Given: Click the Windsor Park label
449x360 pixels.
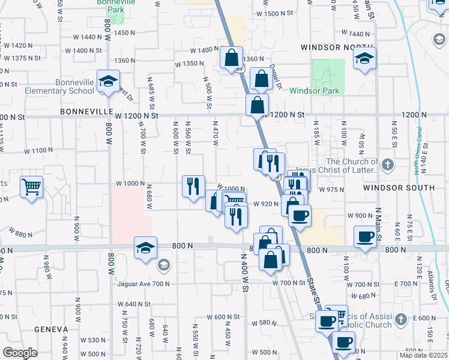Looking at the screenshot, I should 314,91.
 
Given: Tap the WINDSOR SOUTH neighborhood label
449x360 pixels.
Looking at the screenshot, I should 399,188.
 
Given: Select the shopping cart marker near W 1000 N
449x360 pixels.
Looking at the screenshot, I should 31,186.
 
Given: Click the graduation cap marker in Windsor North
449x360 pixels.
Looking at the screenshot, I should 364,59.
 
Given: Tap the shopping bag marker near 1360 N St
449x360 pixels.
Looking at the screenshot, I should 231,58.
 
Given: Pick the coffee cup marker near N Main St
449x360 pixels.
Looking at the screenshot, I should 365,237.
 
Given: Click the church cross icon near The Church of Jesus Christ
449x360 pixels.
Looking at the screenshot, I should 388,163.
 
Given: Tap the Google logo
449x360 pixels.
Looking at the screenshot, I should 20,353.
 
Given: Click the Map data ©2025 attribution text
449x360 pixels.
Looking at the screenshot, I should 423,355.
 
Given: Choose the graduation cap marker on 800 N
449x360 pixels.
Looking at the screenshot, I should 145,248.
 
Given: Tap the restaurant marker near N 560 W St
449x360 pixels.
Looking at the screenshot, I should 193,186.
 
